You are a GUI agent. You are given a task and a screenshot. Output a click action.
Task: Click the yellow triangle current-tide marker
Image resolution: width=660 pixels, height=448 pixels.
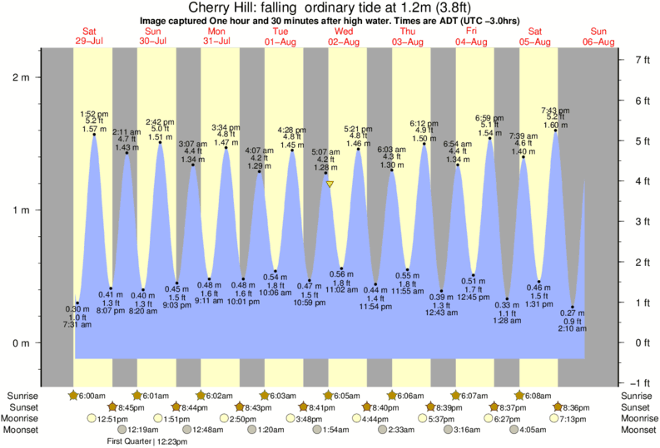click(x=330, y=185)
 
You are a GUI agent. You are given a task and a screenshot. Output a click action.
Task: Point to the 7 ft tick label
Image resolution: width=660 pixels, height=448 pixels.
click(x=642, y=60)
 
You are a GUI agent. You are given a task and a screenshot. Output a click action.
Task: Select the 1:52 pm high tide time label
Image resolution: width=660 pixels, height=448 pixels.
click(x=93, y=114)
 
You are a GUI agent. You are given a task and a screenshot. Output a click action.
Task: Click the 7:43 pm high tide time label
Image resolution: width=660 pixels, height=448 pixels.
click(x=555, y=111)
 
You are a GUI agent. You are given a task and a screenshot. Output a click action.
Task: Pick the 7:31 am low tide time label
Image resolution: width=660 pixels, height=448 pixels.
click(x=76, y=325)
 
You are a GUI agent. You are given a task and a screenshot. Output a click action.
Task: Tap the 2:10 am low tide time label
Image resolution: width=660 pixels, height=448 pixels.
click(x=573, y=329)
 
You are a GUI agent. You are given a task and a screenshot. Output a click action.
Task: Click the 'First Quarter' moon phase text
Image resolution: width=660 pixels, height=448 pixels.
click(x=129, y=441)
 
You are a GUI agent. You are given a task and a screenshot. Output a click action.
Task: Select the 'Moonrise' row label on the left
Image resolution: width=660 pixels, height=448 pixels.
click(x=22, y=419)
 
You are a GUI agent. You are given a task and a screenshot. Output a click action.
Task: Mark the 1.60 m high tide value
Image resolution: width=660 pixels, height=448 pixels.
click(x=555, y=126)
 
